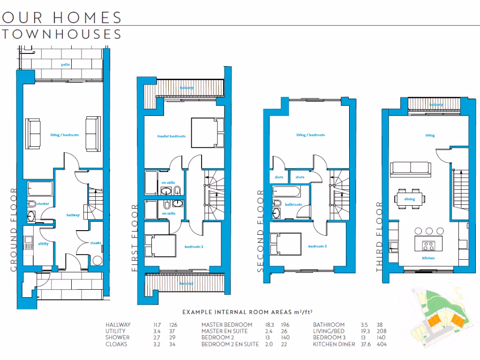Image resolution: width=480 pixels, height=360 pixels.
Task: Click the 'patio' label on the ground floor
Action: (x=65, y=64)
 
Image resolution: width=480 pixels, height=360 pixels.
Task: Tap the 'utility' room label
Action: (x=43, y=244)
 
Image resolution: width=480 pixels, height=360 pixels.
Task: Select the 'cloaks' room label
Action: (x=96, y=243)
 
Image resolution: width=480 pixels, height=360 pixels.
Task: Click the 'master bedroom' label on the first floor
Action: (x=171, y=136)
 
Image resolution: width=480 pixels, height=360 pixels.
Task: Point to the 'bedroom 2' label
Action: (x=194, y=247)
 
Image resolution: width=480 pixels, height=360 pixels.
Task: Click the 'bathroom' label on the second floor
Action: (x=294, y=204)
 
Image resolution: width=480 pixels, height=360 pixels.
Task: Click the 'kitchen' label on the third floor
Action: (x=428, y=258)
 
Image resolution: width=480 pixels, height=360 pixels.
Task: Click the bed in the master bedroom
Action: (x=206, y=133)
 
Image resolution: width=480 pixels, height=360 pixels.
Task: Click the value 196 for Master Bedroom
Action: (x=285, y=325)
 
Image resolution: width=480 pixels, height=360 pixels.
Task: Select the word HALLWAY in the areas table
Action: (x=118, y=325)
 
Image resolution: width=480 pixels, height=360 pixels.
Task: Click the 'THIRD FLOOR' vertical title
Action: (x=380, y=237)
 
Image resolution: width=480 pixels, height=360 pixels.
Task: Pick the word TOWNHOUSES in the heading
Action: (x=62, y=34)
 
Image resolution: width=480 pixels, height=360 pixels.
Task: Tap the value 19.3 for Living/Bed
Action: (x=366, y=331)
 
